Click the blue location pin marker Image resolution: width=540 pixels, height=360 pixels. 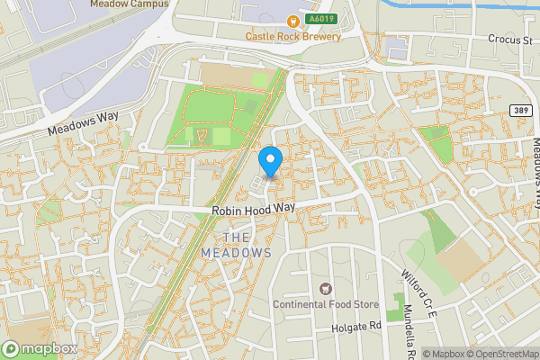click(x=270, y=161)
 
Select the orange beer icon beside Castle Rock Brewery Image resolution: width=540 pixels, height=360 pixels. click(x=292, y=22)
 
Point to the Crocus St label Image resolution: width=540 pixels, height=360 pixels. click(x=508, y=40)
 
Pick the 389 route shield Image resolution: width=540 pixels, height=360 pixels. click(x=519, y=110)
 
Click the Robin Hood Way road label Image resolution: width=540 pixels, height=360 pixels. click(x=254, y=209)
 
